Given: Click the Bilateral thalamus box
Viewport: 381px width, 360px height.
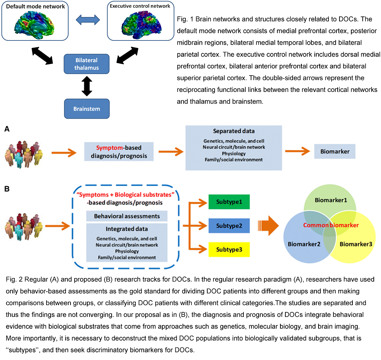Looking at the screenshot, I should click(86, 64).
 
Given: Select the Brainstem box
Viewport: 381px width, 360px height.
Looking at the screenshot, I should click(86, 109).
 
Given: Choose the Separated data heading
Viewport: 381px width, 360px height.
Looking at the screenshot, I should click(233, 132).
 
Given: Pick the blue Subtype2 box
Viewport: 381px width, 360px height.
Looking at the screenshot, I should click(229, 225).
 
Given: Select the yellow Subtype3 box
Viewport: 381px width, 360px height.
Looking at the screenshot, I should click(229, 249).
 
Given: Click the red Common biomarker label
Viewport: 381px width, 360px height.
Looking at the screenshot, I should click(330, 225).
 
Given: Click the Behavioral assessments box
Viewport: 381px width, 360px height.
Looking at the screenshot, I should click(127, 216).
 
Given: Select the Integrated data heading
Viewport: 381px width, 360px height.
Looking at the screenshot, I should click(127, 229).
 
